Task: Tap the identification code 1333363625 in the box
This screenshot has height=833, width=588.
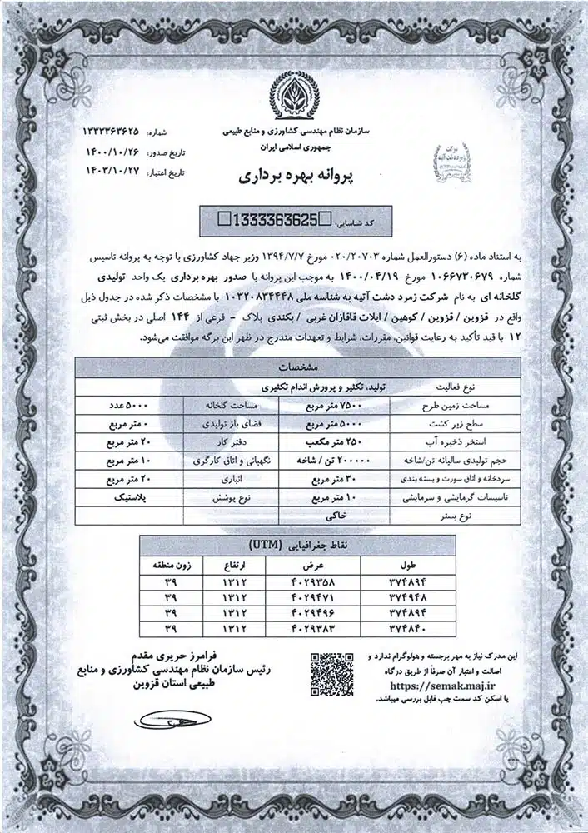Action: (271, 221)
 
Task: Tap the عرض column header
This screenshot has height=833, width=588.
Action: (298, 564)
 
